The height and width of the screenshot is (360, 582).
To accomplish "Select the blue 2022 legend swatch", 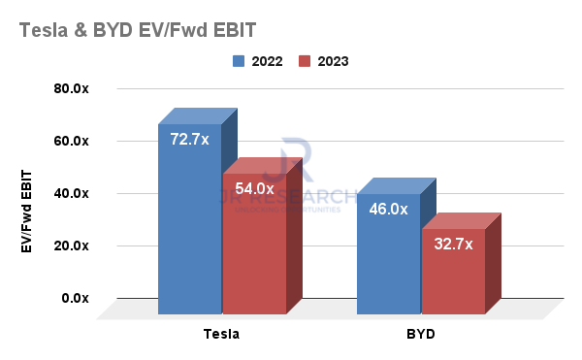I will [239, 61].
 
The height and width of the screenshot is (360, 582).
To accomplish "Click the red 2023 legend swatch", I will [304, 61].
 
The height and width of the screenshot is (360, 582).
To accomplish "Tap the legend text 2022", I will [267, 61].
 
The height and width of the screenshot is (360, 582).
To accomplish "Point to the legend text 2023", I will [332, 61].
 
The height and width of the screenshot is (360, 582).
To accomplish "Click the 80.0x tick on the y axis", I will [71, 89].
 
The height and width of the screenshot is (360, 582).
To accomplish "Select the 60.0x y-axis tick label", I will [71, 142].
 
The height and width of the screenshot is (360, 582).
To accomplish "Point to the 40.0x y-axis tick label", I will [71, 194].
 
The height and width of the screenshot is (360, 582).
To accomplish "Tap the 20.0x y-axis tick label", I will [71, 246].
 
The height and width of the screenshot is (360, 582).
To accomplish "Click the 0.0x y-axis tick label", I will [75, 299].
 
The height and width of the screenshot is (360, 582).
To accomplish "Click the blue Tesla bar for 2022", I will [189, 233].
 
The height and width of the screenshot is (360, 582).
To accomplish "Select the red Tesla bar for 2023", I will [253, 252].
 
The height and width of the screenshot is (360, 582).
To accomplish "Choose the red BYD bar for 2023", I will [452, 277].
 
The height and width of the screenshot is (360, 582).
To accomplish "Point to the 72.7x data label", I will [189, 140].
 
